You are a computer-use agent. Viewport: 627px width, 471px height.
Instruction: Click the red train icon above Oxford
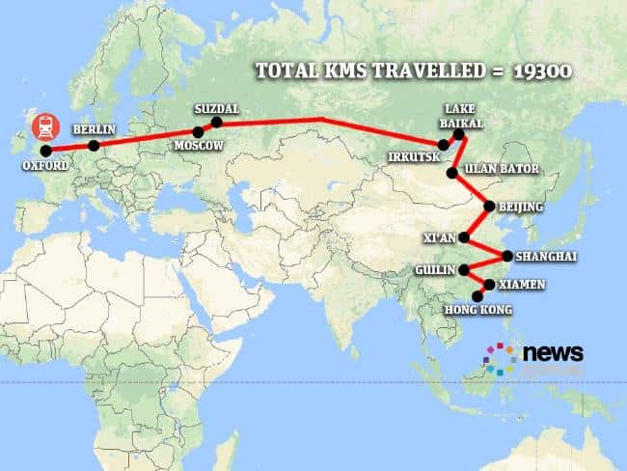44,127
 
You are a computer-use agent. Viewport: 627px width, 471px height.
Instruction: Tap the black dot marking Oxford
45,151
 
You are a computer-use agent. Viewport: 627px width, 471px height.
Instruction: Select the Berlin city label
95,128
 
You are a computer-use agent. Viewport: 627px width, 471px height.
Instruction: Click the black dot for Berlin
94,147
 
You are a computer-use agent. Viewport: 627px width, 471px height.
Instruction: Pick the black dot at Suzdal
216,123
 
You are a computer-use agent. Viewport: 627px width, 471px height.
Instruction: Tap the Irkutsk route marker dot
443,145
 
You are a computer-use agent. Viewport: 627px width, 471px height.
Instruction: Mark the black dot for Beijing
489,207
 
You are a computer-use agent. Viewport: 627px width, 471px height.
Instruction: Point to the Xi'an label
437,235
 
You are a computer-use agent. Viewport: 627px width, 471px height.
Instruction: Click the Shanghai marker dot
507,256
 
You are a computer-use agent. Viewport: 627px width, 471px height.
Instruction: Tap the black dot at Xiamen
489,285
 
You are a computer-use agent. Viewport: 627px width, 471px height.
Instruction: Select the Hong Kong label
478,311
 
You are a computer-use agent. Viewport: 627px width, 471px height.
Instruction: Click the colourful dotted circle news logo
501,358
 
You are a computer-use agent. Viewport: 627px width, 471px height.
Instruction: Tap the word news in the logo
553,353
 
